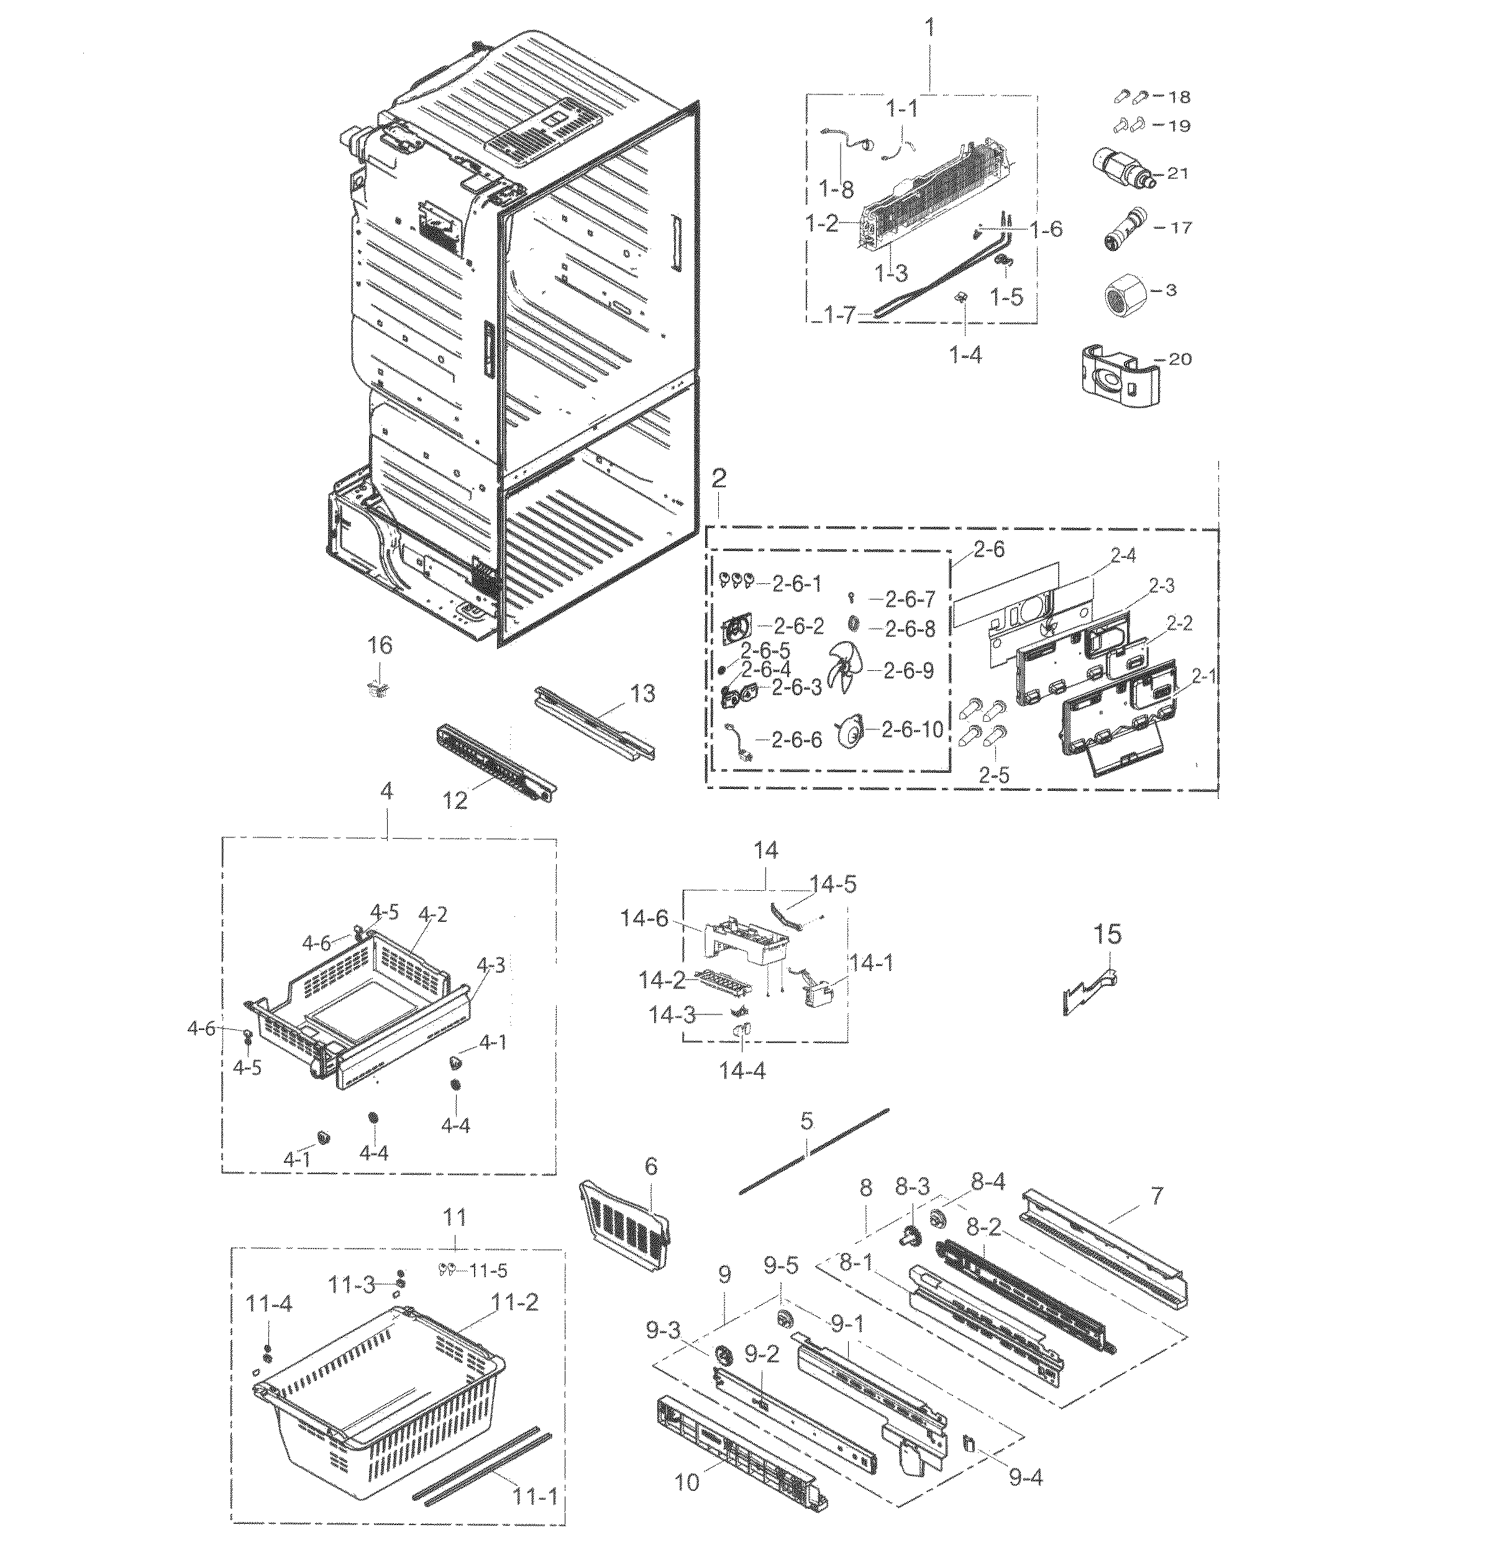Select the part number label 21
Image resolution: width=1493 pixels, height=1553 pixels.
[1177, 173]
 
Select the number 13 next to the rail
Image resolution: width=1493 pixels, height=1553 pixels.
[642, 693]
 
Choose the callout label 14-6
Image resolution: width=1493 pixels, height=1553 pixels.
[644, 919]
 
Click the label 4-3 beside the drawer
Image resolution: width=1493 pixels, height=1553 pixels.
[491, 965]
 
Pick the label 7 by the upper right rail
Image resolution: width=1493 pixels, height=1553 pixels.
[1157, 1196]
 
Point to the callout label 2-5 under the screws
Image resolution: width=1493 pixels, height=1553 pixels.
[993, 776]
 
